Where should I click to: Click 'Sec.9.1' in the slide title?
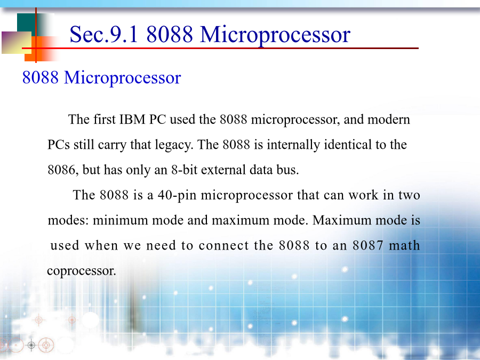click(104, 34)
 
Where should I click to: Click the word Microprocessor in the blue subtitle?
click(123, 78)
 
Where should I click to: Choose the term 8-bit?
click(185, 170)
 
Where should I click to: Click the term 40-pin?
click(177, 196)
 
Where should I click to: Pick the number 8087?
click(368, 245)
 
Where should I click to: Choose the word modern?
click(388, 119)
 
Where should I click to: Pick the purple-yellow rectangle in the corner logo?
click(17, 43)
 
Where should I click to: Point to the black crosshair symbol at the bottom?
click(31, 345)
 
